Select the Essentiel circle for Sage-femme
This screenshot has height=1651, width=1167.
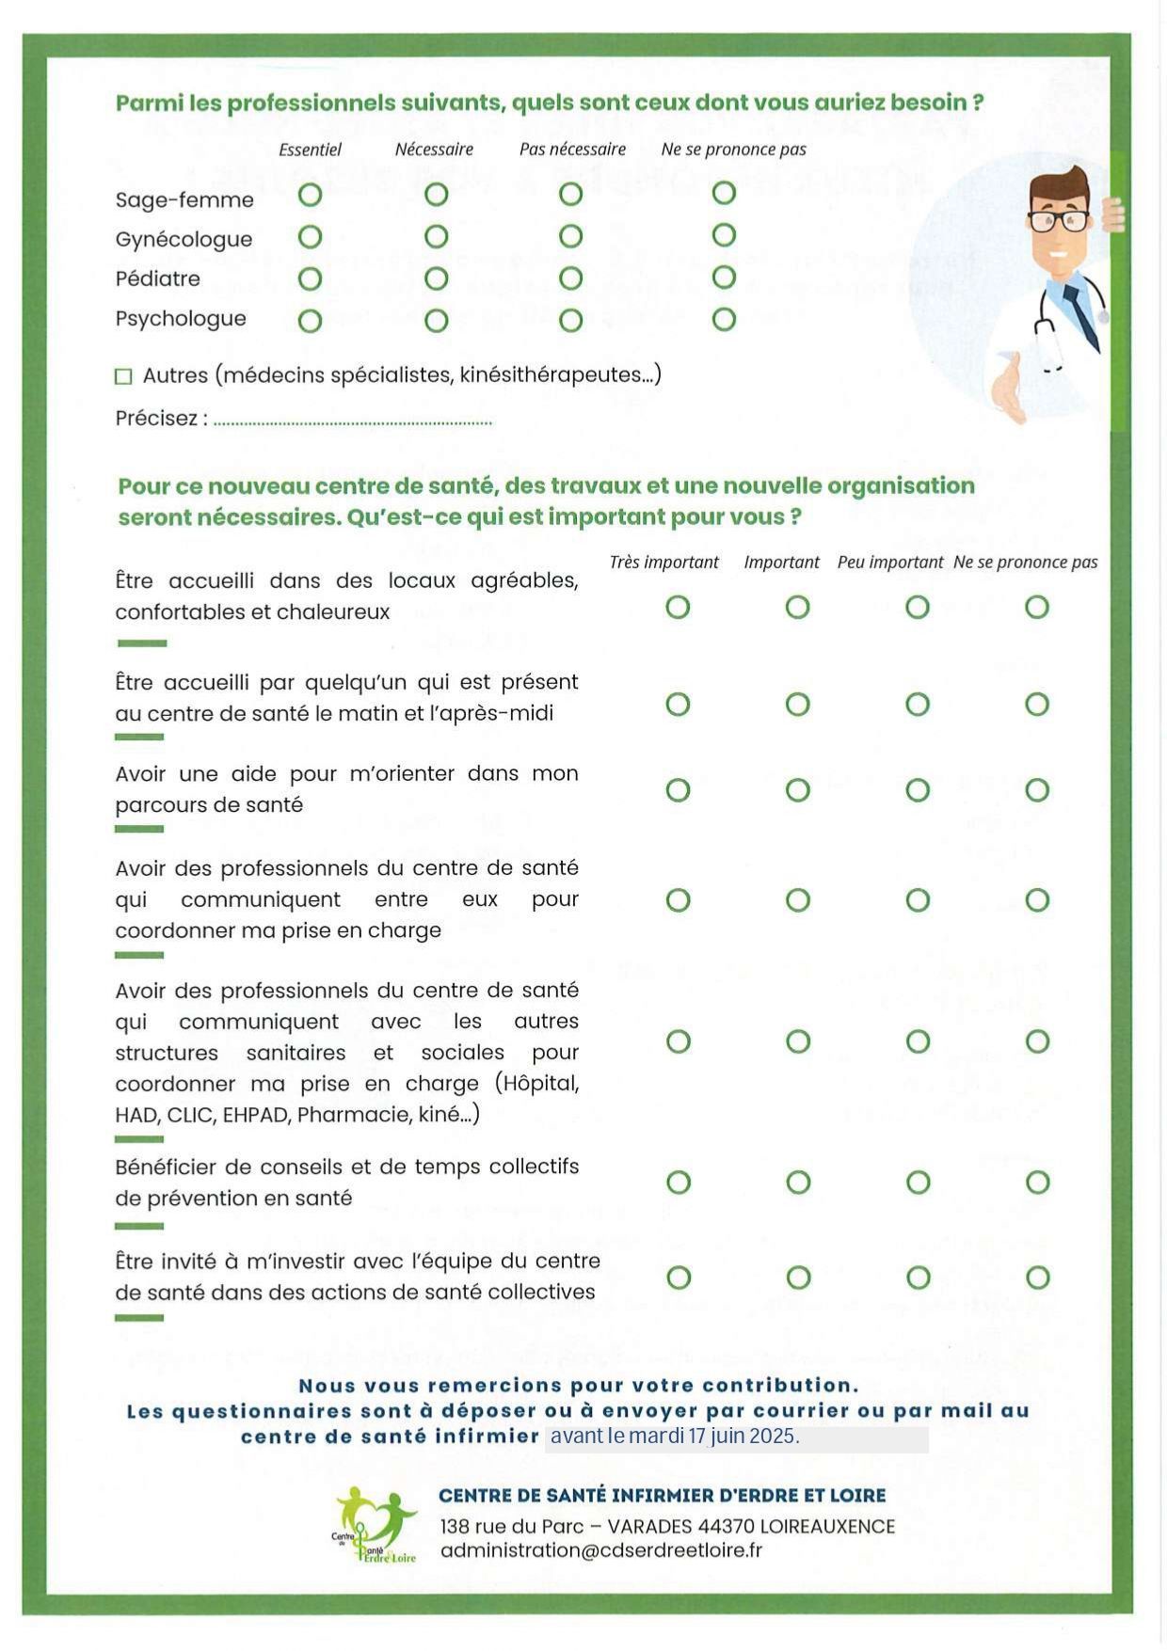310,195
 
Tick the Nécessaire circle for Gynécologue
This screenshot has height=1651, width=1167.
436,237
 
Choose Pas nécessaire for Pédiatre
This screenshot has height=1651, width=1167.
570,278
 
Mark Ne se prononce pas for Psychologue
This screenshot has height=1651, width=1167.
723,320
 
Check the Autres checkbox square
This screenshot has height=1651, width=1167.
123,376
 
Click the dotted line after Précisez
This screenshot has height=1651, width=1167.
352,422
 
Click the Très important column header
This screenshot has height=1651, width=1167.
663,563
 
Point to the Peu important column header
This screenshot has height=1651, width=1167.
889,563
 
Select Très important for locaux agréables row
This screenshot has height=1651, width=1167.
678,608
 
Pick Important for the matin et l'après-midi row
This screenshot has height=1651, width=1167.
797,705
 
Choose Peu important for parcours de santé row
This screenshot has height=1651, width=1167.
918,790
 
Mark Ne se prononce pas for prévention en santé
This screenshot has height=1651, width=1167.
1037,1183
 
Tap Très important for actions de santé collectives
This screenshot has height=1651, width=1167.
679,1278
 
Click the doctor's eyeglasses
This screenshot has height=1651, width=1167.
1058,221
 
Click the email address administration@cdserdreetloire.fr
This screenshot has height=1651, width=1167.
600,1550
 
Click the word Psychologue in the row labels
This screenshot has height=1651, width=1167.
181,319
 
